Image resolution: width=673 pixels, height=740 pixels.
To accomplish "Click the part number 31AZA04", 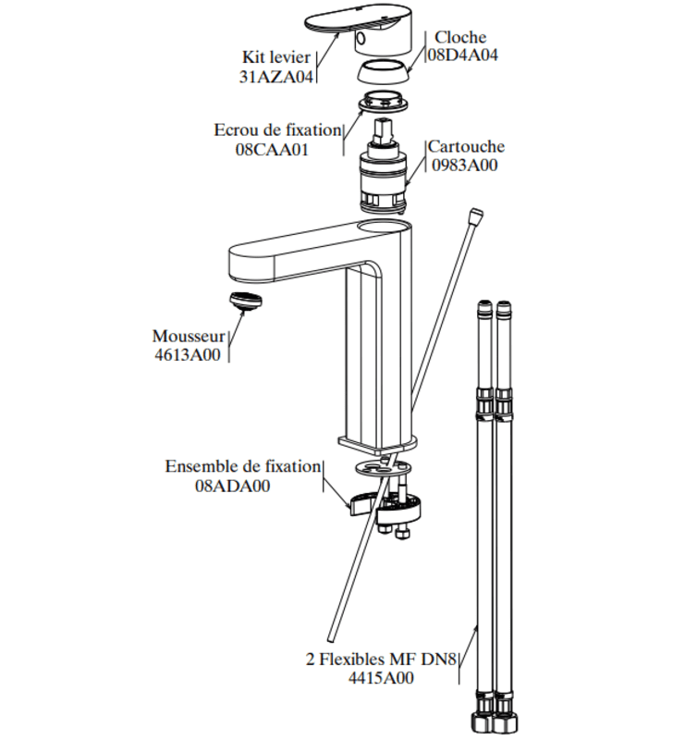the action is pyautogui.click(x=276, y=77).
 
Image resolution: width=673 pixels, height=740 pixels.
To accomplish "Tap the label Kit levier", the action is pyautogui.click(x=276, y=57).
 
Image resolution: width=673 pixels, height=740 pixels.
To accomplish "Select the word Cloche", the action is pyautogui.click(x=460, y=37).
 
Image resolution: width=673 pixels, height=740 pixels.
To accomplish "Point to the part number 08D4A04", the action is pyautogui.click(x=462, y=55).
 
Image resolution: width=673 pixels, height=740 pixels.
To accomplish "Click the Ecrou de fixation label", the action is pyautogui.click(x=277, y=129).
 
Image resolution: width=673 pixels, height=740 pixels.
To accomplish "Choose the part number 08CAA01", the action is pyautogui.click(x=272, y=150).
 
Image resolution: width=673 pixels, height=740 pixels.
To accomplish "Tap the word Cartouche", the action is pyautogui.click(x=467, y=146).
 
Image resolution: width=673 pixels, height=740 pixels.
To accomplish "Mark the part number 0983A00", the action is pyautogui.click(x=465, y=166).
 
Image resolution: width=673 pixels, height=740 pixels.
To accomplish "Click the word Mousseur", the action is pyautogui.click(x=189, y=336).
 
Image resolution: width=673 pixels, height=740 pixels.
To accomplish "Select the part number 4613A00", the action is pyautogui.click(x=188, y=354).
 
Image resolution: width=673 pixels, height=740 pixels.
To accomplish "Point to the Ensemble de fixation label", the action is pyautogui.click(x=243, y=466).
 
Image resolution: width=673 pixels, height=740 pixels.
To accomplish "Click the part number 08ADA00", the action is pyautogui.click(x=233, y=486).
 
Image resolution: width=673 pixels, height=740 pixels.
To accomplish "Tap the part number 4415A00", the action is pyautogui.click(x=381, y=678).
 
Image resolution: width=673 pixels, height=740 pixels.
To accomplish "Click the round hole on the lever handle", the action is pyautogui.click(x=360, y=38).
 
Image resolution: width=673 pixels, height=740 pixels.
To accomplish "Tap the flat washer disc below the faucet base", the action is pyautogui.click(x=383, y=469).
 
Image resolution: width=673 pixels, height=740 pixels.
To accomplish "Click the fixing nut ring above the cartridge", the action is pyautogui.click(x=383, y=102).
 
